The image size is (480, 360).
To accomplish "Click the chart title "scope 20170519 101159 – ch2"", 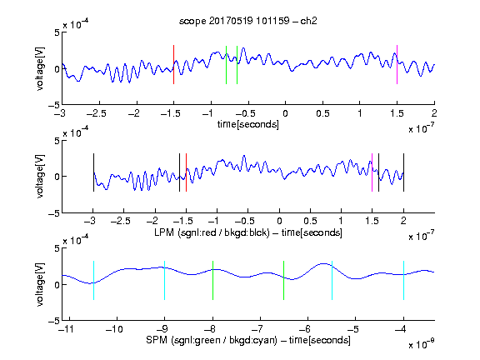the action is click(248, 21).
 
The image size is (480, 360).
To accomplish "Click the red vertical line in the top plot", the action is click(173, 65).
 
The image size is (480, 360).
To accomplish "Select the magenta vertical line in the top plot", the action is click(397, 65).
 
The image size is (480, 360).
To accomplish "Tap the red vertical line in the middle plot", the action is click(186, 172).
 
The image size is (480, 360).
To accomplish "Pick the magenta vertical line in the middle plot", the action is click(372, 172).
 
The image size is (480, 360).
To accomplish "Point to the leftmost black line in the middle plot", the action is click(93, 172).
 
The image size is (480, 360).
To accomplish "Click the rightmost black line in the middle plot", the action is click(403, 172).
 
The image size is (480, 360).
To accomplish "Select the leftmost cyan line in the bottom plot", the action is click(93, 280).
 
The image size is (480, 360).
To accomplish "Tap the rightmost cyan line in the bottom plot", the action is click(403, 280).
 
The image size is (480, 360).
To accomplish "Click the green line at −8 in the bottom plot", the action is click(212, 280).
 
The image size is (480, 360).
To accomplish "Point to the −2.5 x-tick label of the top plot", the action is click(96, 113).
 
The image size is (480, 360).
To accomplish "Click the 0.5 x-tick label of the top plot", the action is click(322, 113).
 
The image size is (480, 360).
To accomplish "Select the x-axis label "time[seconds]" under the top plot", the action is click(248, 124).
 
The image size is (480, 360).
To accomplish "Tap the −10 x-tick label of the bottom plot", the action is click(114, 329).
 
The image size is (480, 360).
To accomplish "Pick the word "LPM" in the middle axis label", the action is click(164, 232).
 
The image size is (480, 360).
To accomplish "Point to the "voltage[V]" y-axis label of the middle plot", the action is click(40, 177).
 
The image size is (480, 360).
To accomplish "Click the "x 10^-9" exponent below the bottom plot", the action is click(421, 344).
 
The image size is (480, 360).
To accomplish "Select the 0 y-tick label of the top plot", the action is click(57, 69).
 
